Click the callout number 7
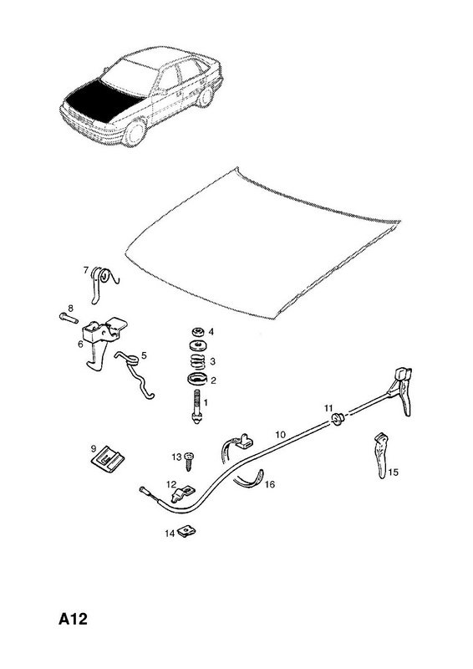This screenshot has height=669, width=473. (x=86, y=270)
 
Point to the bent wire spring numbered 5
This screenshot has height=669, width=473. (x=135, y=373)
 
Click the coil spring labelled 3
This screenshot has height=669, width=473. (x=197, y=361)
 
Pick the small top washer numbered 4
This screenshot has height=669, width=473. (x=197, y=332)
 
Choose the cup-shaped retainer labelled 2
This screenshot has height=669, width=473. (x=196, y=379)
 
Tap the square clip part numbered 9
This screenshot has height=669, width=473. (x=108, y=459)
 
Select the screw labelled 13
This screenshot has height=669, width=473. (x=189, y=461)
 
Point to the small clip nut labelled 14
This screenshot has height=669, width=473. (x=187, y=532)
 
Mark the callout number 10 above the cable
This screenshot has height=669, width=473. (x=280, y=435)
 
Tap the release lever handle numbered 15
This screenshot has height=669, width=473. (x=382, y=455)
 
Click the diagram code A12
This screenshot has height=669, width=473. (x=73, y=619)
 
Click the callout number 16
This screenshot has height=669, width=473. (x=270, y=484)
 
